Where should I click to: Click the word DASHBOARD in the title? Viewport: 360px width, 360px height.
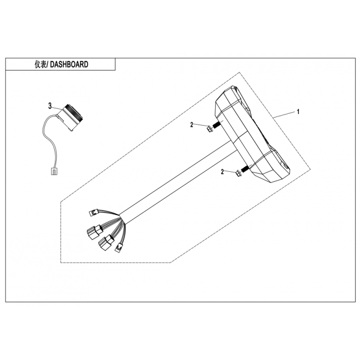[69, 64]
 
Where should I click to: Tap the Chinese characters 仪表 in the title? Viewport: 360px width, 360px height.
[40, 64]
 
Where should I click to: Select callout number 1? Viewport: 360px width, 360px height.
[298, 112]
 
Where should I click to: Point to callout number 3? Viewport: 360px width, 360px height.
[50, 106]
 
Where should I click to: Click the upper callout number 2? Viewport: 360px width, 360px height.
[192, 125]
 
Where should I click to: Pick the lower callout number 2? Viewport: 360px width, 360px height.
[222, 171]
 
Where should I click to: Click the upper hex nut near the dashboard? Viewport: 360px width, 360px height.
[210, 129]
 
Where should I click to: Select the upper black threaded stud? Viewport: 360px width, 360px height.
[216, 126]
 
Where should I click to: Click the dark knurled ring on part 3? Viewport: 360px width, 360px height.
[73, 114]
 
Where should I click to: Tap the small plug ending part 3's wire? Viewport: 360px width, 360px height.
[54, 171]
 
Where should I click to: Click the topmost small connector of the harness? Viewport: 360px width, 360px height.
[93, 212]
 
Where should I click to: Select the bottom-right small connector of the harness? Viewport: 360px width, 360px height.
[118, 248]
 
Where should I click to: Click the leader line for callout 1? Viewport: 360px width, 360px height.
[284, 115]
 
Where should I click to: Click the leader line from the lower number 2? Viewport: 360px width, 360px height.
[230, 171]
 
